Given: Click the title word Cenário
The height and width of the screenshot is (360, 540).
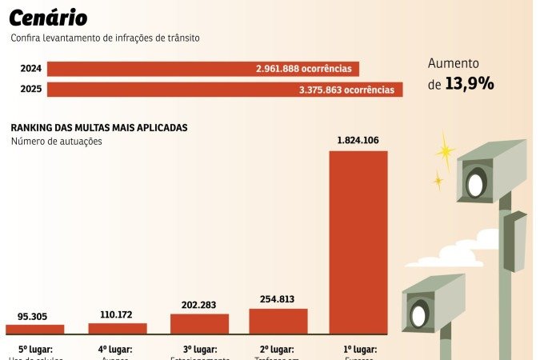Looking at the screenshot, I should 49,18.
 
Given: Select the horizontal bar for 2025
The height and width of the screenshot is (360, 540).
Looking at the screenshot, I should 224,90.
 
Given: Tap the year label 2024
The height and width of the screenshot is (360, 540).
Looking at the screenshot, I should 31,70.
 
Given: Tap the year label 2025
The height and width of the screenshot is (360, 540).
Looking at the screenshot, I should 31,90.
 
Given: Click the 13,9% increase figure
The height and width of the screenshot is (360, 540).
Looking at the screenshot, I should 470,83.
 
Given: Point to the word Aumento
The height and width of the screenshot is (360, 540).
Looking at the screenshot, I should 453,63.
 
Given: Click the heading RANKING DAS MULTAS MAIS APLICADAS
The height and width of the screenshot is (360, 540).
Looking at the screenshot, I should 99,128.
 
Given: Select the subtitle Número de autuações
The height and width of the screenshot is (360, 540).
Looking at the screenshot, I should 57,142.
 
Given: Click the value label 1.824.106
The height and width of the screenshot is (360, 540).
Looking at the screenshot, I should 358,141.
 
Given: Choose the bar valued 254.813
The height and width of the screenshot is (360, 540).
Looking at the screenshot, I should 278,321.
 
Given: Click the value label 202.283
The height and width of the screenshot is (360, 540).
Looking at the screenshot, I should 199,304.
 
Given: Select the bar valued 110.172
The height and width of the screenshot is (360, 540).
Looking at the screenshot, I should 118,328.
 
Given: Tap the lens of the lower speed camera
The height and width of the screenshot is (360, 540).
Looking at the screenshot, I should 419,314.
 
